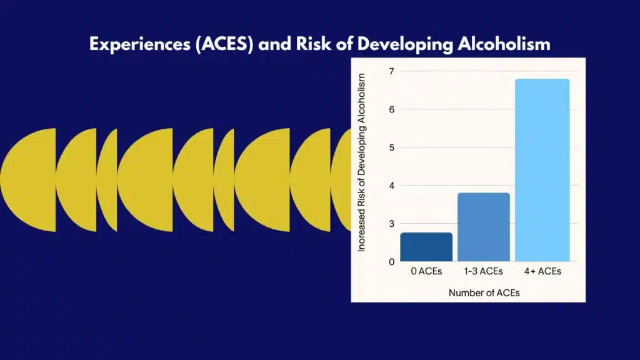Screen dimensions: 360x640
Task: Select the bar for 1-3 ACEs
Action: pyautogui.click(x=484, y=227)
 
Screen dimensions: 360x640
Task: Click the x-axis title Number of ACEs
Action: pyautogui.click(x=484, y=292)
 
